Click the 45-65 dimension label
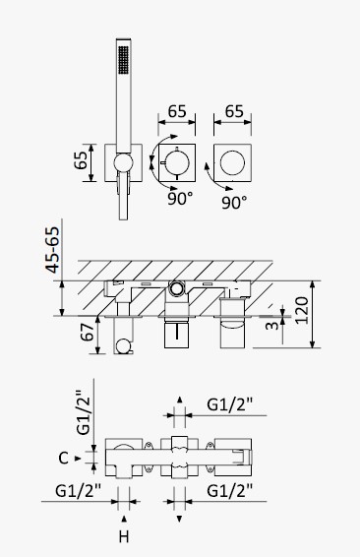click(x=53, y=250)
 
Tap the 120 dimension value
click(x=301, y=310)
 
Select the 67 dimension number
click(x=88, y=332)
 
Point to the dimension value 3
click(x=272, y=325)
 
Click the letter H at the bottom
click(x=124, y=536)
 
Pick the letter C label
click(x=63, y=458)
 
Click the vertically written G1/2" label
click(x=84, y=412)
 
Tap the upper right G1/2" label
click(x=230, y=404)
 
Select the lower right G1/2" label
click(x=230, y=491)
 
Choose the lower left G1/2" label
click(x=78, y=491)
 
